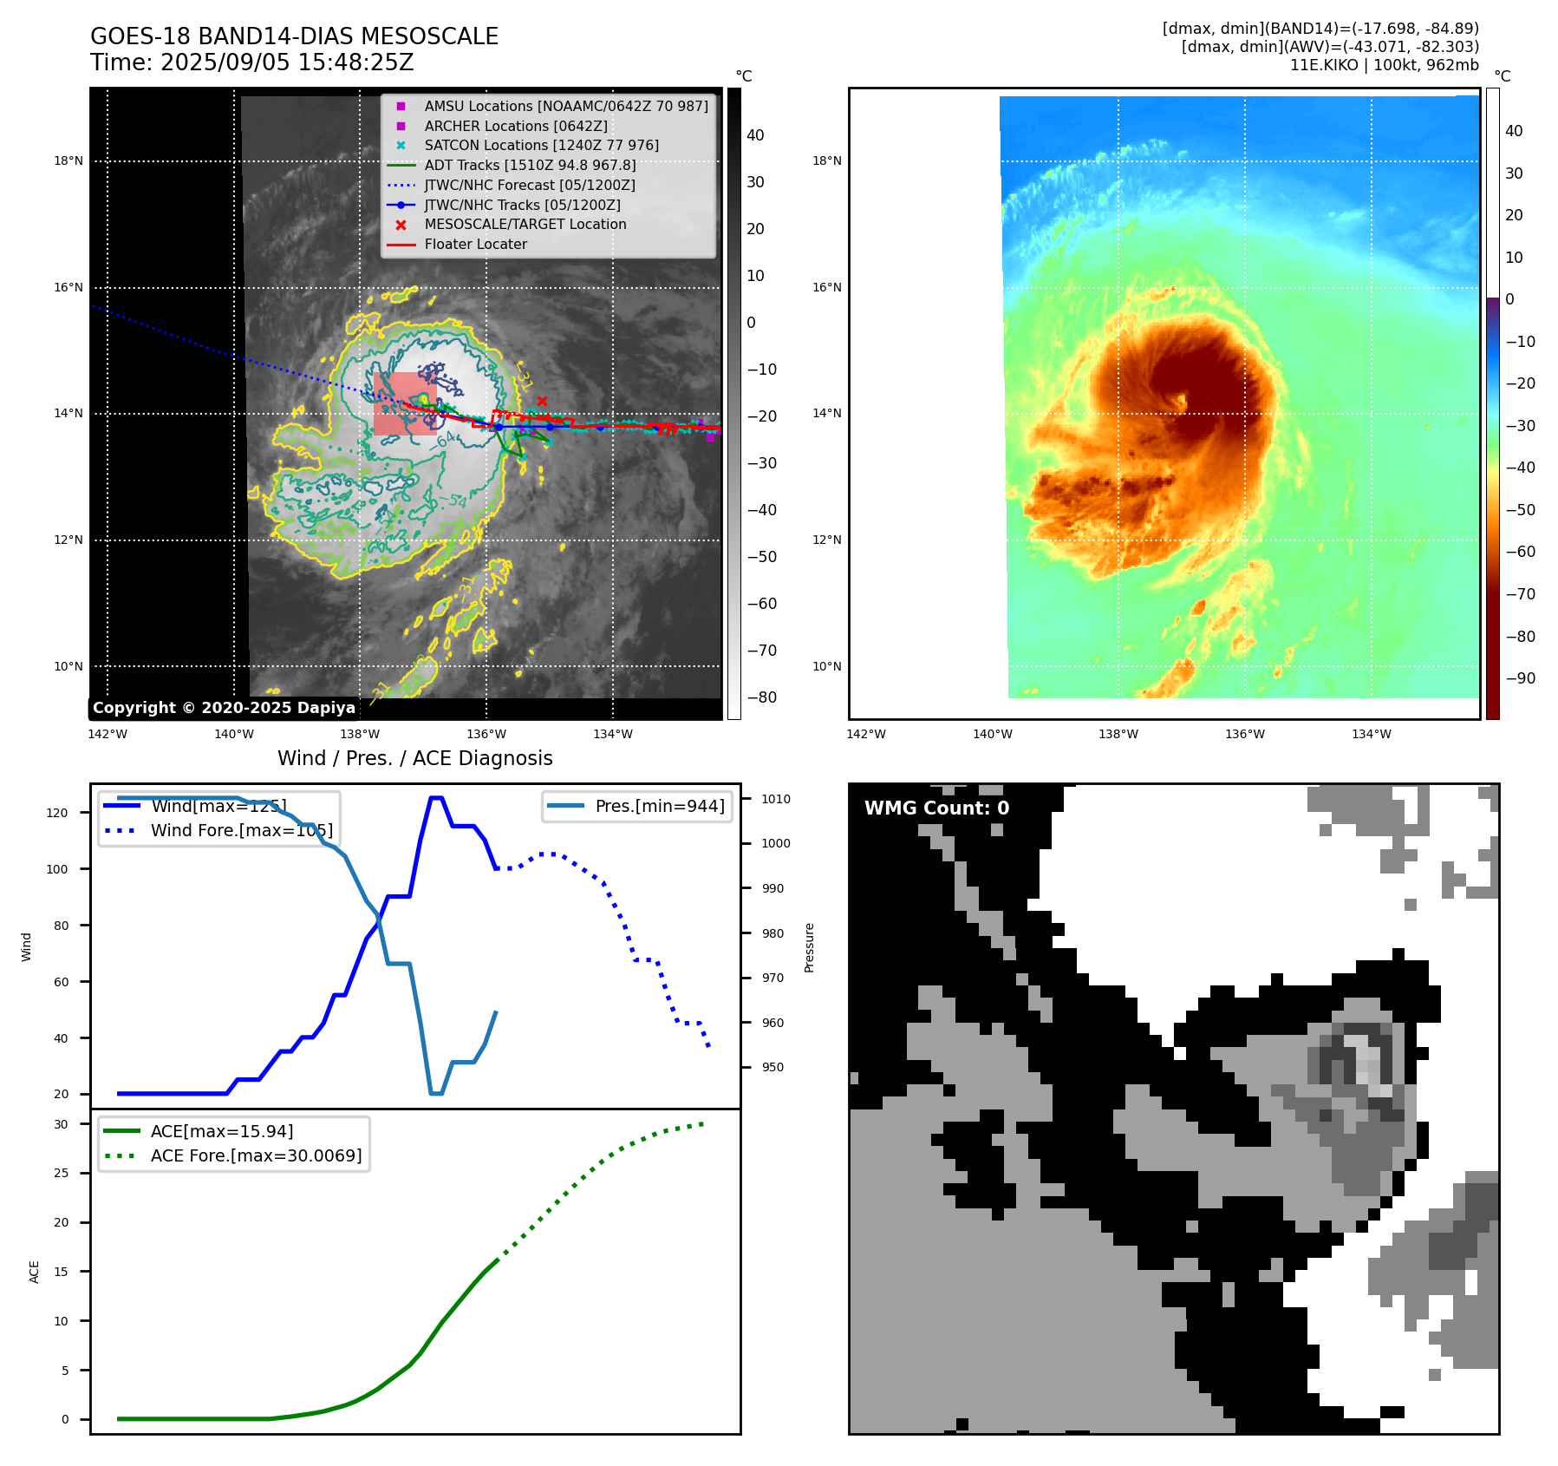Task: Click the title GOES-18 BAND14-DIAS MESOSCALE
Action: [294, 36]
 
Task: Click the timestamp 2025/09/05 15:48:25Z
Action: [287, 63]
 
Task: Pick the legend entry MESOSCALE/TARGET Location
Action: [525, 224]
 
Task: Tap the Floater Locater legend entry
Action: [475, 244]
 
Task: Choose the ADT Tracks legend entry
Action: [530, 165]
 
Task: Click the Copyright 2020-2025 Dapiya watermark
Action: [224, 708]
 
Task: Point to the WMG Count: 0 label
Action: [936, 808]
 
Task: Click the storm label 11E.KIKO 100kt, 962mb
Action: [1384, 65]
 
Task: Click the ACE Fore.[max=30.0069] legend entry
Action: [256, 1155]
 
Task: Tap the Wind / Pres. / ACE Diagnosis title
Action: [414, 758]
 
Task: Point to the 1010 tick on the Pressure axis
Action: [776, 799]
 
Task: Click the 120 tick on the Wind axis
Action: [57, 813]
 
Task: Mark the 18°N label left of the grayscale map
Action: [68, 160]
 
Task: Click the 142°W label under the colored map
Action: [865, 734]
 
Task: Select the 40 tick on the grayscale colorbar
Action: [755, 135]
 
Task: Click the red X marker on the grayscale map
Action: [542, 401]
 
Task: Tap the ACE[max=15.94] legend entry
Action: [221, 1131]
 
